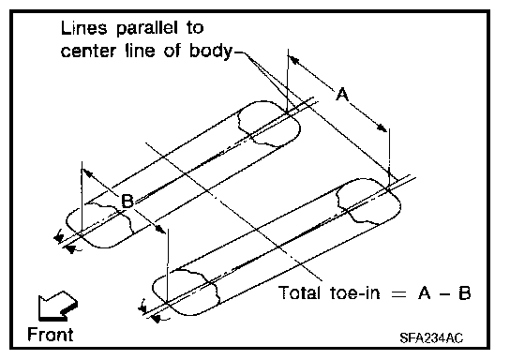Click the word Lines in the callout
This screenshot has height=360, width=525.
tap(83, 28)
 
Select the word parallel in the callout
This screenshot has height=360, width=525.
tap(147, 28)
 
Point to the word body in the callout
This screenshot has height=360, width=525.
tap(211, 52)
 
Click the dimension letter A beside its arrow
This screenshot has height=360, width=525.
tap(342, 94)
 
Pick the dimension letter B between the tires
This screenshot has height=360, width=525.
tap(127, 202)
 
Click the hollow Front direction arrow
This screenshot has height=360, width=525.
tap(57, 306)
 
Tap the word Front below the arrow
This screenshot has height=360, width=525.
tap(51, 335)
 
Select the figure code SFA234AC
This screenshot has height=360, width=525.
tap(431, 337)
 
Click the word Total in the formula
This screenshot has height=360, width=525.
tap(299, 293)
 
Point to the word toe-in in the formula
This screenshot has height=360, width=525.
tap(355, 293)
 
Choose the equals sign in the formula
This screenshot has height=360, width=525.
tap(399, 294)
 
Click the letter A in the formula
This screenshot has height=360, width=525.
tap(424, 293)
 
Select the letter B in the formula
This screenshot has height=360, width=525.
tap(464, 293)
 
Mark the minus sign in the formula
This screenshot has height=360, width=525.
tap(444, 294)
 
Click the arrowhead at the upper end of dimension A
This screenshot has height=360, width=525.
tap(293, 60)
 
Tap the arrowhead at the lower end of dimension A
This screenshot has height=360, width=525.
tap(382, 127)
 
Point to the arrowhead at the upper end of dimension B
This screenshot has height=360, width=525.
tap(88, 173)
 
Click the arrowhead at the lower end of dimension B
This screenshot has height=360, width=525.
tap(160, 230)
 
